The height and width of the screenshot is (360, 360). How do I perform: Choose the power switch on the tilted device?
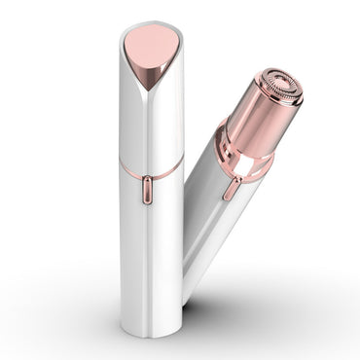[232, 187]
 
